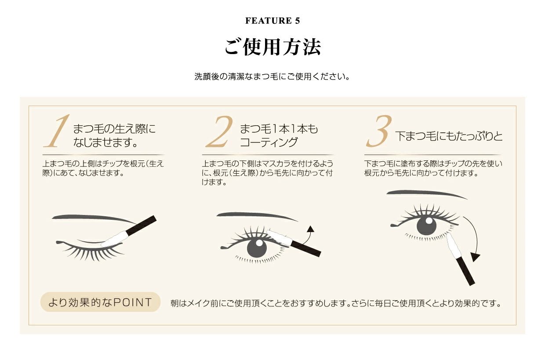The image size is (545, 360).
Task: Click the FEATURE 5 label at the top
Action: [x=272, y=21]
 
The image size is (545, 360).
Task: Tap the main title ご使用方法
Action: [x=272, y=47]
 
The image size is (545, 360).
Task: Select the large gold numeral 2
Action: [x=219, y=131]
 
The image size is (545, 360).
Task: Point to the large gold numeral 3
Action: [x=379, y=131]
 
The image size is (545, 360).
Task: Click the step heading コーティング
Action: [x=269, y=142]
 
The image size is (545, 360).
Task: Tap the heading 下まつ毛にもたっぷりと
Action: [x=449, y=136]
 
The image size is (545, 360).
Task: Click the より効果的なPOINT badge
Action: [x=100, y=302]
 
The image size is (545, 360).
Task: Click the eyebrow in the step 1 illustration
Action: [x=94, y=218]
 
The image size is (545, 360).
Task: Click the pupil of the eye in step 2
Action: [x=257, y=247]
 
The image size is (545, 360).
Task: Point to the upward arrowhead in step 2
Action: [x=310, y=229]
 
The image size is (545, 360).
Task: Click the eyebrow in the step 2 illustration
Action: [x=257, y=216]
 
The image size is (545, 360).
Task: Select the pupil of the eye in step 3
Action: [x=426, y=225]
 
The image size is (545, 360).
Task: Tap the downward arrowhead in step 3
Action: [x=475, y=257]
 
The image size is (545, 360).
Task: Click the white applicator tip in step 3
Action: [x=453, y=245]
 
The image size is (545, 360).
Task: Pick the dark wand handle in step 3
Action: [x=465, y=271]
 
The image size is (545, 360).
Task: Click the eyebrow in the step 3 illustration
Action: [x=426, y=194]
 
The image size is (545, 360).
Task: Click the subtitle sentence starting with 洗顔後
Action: [x=272, y=76]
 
